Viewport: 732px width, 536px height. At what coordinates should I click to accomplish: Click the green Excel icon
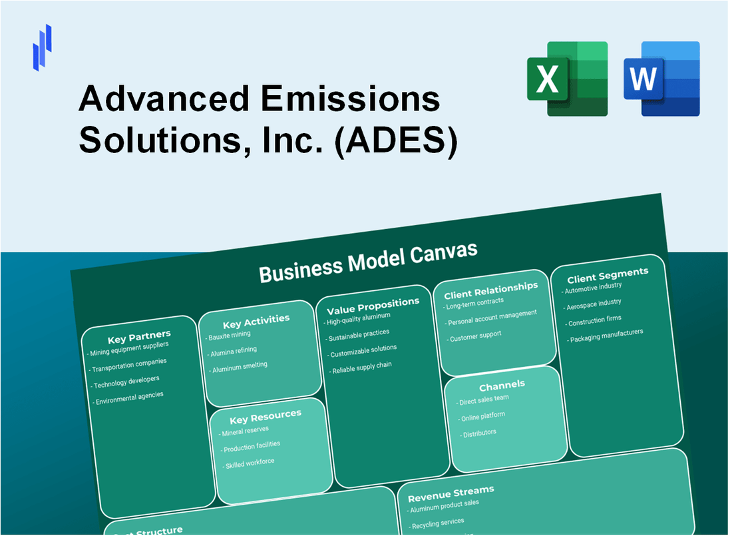click(567, 79)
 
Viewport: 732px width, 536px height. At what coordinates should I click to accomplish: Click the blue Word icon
click(661, 79)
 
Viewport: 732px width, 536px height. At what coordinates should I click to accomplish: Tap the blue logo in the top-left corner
click(42, 47)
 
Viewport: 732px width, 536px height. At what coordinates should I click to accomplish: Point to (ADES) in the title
click(397, 142)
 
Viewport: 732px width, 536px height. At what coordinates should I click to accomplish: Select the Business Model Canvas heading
click(368, 262)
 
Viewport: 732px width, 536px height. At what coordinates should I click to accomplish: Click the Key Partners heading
click(139, 335)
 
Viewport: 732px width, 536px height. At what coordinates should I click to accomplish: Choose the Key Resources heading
click(265, 417)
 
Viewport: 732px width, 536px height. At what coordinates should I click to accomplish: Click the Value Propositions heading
click(373, 306)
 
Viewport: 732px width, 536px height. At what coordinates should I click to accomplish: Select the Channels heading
click(501, 385)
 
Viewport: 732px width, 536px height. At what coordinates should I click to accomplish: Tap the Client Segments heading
click(607, 274)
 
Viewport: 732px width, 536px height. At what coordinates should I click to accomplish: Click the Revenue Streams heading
click(451, 493)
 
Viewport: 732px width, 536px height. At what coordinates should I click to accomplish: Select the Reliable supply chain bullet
click(361, 366)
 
